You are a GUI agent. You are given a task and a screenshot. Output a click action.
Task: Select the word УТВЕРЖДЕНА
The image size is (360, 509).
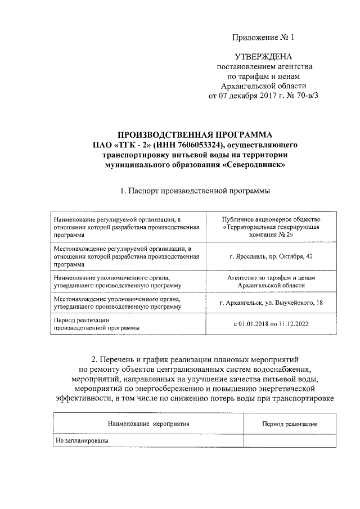(263, 58)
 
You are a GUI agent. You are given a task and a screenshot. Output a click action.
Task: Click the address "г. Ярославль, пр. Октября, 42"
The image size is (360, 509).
(271, 256)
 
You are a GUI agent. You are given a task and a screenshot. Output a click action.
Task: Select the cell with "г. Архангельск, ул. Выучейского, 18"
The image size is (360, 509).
(271, 304)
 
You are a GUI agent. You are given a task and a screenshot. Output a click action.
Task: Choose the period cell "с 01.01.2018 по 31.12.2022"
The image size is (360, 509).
(271, 324)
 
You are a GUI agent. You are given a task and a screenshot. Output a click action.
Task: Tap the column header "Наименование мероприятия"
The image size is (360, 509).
(148, 424)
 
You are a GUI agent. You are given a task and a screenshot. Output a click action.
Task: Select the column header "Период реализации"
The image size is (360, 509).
(290, 424)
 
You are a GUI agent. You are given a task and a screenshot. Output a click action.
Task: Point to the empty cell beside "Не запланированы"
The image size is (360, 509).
(290, 440)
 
